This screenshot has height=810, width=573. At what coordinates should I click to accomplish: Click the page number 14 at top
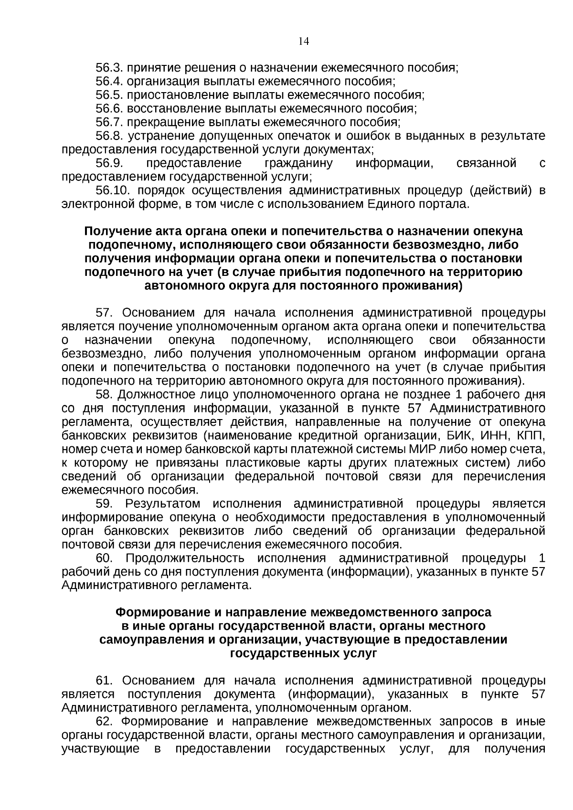[x=304, y=42]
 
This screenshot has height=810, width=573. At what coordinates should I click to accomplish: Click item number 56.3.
[x=109, y=68]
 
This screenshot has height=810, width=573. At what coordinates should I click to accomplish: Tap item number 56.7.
[x=109, y=122]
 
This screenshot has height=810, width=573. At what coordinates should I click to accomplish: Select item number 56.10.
[x=113, y=191]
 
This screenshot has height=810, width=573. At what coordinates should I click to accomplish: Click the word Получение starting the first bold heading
[x=113, y=231]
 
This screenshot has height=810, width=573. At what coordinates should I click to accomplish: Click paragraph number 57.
[x=104, y=313]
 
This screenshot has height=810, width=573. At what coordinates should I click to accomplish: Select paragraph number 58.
[x=104, y=395]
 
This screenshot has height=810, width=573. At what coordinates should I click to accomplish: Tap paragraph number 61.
[x=104, y=681]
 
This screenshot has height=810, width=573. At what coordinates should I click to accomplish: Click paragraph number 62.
[x=104, y=721]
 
